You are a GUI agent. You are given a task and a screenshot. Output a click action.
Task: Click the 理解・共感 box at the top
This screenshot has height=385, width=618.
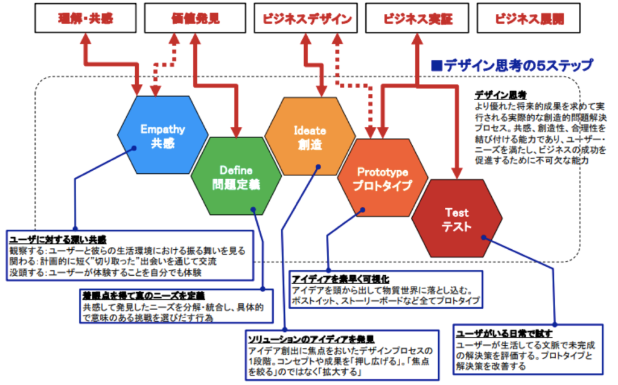pyautogui.click(x=86, y=19)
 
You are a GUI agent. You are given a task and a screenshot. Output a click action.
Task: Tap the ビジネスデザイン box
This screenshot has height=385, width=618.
pyautogui.click(x=307, y=19)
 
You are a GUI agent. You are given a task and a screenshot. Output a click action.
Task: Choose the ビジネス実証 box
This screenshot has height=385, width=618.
pyautogui.click(x=418, y=19)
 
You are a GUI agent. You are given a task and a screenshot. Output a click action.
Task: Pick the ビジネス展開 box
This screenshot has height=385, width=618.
pyautogui.click(x=529, y=19)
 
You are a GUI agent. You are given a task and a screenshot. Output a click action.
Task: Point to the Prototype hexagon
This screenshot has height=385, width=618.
pyautogui.click(x=383, y=178)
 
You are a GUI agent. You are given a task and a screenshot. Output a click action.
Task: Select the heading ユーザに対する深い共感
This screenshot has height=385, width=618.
pyautogui.click(x=58, y=239)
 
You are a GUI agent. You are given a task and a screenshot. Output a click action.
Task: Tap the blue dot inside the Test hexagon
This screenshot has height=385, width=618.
pyautogui.click(x=485, y=238)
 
